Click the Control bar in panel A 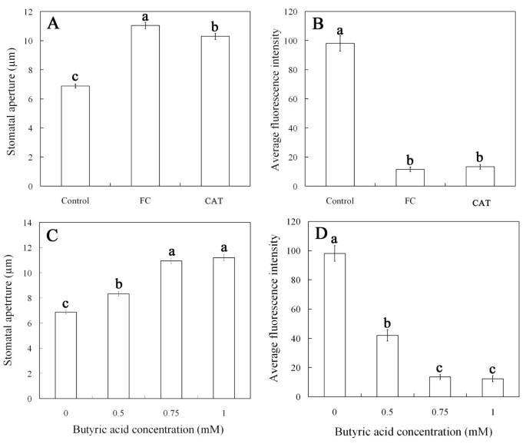point(75,136)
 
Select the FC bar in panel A point(145,106)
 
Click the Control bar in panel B point(339,114)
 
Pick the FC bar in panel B point(409,177)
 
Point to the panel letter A point(54,22)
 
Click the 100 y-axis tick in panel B point(292,41)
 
